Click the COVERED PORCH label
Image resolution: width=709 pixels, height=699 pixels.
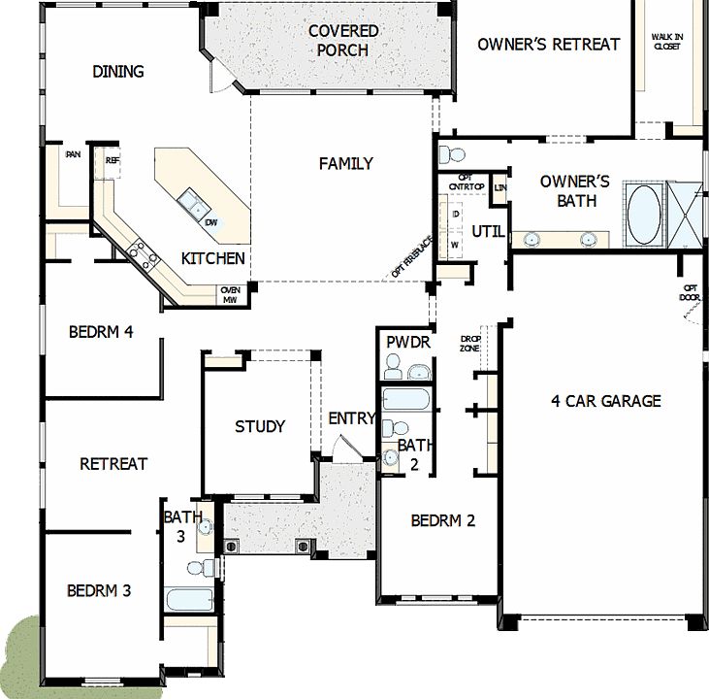pyautogui.click(x=343, y=40)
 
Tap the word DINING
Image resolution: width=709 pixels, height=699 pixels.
pyautogui.click(x=118, y=71)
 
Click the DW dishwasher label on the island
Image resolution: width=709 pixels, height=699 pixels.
pyautogui.click(x=210, y=222)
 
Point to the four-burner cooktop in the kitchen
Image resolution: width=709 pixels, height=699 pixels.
pyautogui.click(x=144, y=255)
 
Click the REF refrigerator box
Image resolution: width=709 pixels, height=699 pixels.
pyautogui.click(x=112, y=161)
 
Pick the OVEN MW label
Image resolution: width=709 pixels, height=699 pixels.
pyautogui.click(x=230, y=294)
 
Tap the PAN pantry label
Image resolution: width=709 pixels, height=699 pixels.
pyautogui.click(x=73, y=154)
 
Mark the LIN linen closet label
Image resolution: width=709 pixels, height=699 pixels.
pyautogui.click(x=500, y=187)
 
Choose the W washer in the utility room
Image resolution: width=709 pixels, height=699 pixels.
pyautogui.click(x=454, y=245)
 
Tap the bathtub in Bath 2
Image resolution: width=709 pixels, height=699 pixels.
pyautogui.click(x=408, y=400)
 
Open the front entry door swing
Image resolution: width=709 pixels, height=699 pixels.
pyautogui.click(x=343, y=448)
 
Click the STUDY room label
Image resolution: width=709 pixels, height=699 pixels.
pyautogui.click(x=260, y=426)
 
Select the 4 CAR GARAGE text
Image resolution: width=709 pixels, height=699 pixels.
pyautogui.click(x=605, y=400)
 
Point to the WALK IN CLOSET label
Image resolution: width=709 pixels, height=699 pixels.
pyautogui.click(x=666, y=41)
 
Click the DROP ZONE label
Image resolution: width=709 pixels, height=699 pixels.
pyautogui.click(x=470, y=343)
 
